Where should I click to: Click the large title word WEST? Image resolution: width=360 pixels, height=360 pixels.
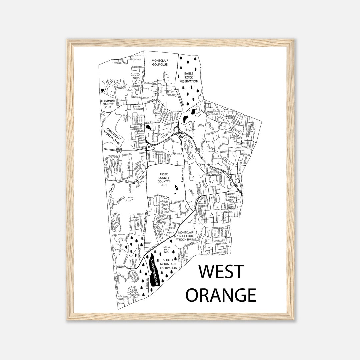coord(221,271)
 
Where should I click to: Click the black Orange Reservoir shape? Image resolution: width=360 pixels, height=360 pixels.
coord(154,272)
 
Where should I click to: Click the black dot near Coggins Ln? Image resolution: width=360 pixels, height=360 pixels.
coord(102,90)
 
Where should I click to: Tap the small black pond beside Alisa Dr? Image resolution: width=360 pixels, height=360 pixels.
coord(150,127)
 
